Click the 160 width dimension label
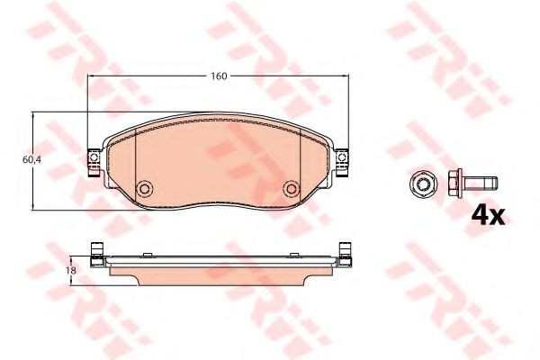point(219,76)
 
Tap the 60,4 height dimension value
point(31,160)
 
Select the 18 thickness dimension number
point(72,270)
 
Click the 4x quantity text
point(488,215)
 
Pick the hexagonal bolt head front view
point(423,184)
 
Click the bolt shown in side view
point(472,183)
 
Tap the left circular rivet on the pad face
point(144,188)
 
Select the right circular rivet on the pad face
point(292,188)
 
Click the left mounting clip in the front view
point(94,162)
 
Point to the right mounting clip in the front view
point(342,162)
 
